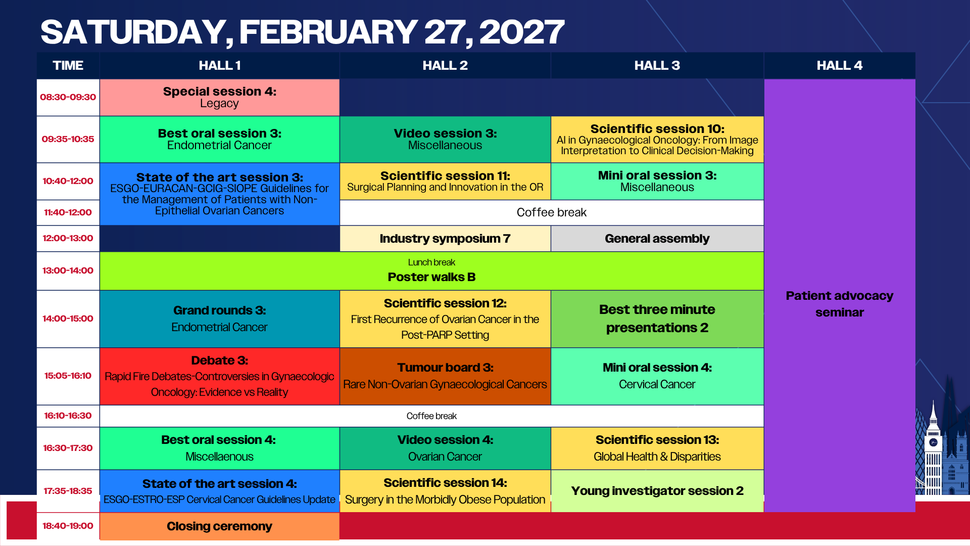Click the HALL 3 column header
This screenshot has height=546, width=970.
click(x=657, y=66)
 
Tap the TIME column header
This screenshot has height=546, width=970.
click(x=68, y=66)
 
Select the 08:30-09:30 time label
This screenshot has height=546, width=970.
click(x=68, y=97)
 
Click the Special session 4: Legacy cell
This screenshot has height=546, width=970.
click(x=219, y=98)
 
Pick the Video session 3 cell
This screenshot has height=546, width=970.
click(x=445, y=140)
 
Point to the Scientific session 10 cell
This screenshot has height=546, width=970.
click(x=657, y=140)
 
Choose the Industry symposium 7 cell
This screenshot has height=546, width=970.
click(x=445, y=239)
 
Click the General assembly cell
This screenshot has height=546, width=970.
click(x=657, y=239)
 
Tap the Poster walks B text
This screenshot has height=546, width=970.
click(x=431, y=277)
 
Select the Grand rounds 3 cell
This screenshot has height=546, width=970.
click(x=219, y=319)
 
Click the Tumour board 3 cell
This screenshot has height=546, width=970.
click(x=445, y=376)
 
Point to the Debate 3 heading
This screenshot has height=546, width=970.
click(x=219, y=360)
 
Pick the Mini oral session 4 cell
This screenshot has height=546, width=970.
click(x=657, y=376)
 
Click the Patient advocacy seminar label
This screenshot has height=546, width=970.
click(x=840, y=304)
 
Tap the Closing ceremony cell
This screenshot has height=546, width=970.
click(x=219, y=526)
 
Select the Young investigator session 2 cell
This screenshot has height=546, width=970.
click(x=657, y=491)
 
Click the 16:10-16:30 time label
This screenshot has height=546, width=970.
click(x=68, y=416)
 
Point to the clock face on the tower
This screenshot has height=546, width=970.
click(x=933, y=442)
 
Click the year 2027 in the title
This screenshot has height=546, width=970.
click(x=521, y=32)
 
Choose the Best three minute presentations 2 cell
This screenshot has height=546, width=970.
click(x=657, y=319)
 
